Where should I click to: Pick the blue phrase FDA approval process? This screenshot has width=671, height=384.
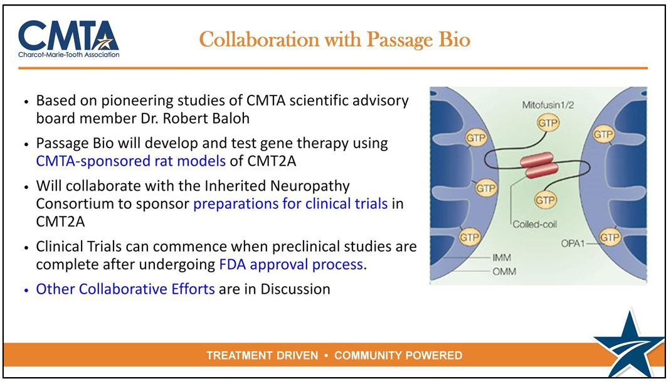[291, 264]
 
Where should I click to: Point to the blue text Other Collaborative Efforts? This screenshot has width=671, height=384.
[125, 289]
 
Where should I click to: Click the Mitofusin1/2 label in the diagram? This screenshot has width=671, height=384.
[547, 106]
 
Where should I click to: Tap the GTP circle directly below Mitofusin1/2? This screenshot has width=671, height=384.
[547, 123]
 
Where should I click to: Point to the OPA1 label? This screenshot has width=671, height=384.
[571, 242]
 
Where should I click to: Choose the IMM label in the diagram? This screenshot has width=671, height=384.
[500, 257]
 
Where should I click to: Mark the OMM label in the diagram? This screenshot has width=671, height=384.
[500, 271]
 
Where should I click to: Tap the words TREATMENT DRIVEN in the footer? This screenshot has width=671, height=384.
[262, 356]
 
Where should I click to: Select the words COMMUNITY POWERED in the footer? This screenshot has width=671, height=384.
[398, 356]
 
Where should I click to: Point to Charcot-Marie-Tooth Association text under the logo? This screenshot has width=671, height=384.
[69, 54]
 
